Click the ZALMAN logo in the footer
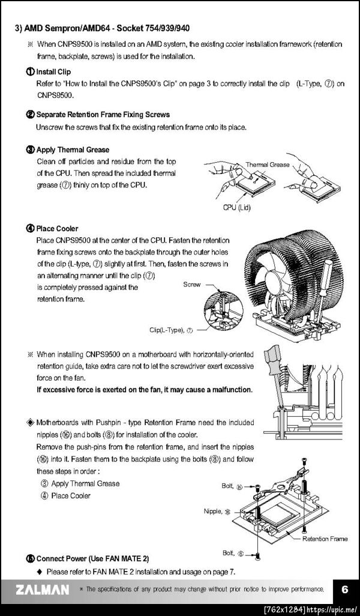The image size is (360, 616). (43, 590)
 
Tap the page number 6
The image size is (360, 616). (344, 590)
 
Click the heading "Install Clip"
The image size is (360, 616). (53, 72)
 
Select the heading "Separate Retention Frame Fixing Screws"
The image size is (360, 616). (103, 115)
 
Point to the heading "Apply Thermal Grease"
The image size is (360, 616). (73, 149)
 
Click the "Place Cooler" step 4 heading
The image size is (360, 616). (57, 228)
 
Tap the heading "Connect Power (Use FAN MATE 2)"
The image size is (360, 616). (92, 558)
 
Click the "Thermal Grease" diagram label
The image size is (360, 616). (268, 165)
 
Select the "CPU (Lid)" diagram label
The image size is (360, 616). (237, 207)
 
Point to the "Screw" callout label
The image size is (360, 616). (192, 285)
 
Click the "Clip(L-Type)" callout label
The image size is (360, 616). (166, 330)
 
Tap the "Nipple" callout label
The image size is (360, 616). (212, 511)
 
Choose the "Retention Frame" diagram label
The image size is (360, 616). (325, 539)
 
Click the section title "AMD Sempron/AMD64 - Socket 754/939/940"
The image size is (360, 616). (107, 28)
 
